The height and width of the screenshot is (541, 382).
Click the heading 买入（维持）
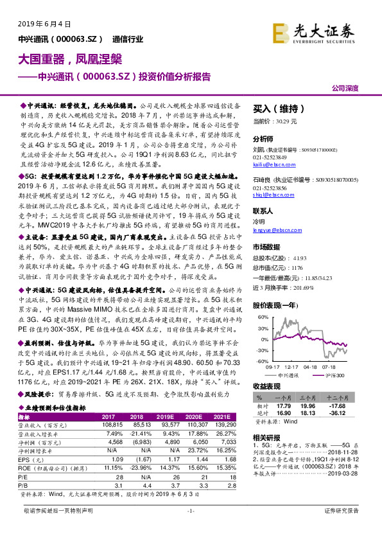click(278, 109)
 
